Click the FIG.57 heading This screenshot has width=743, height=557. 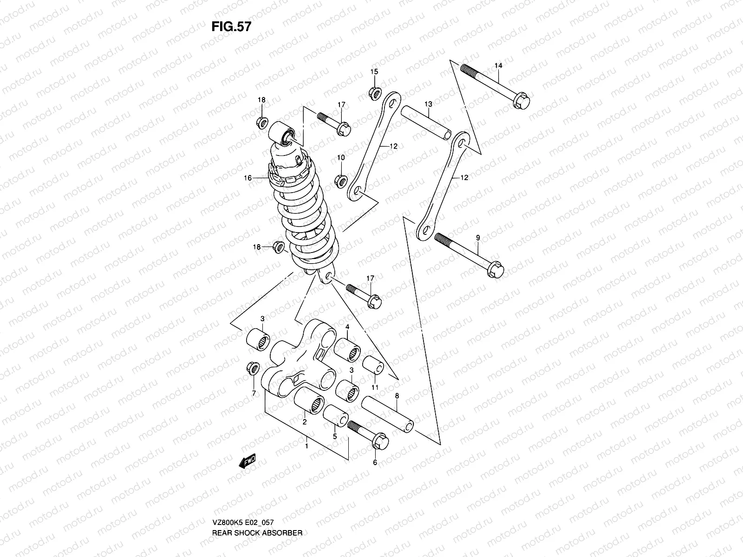tap(231, 26)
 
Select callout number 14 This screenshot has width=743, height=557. tap(498, 66)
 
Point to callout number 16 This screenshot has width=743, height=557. tap(247, 178)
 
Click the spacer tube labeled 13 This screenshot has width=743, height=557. tap(426, 122)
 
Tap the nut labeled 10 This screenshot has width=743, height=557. tap(340, 180)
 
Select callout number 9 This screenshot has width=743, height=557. tap(478, 238)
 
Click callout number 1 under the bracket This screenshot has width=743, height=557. tap(306, 446)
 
